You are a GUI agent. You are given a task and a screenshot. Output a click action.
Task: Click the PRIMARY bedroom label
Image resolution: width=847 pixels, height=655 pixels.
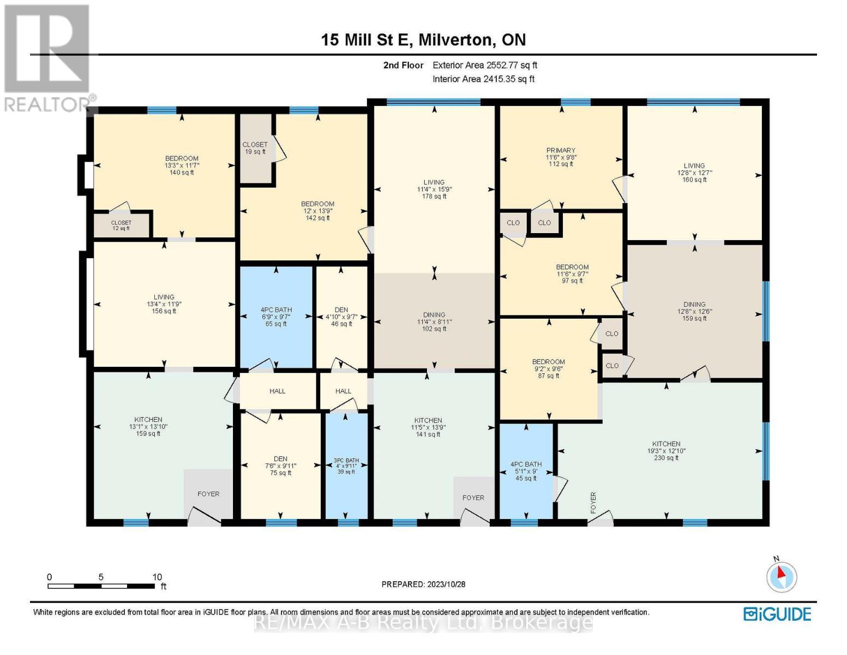tap(561, 157)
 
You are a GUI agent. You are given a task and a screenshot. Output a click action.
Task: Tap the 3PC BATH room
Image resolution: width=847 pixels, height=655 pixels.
tap(346, 466)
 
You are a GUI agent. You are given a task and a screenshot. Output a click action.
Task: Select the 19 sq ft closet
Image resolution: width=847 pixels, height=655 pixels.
tap(255, 148)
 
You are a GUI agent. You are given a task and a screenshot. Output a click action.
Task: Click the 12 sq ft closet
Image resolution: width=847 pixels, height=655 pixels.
tap(121, 225)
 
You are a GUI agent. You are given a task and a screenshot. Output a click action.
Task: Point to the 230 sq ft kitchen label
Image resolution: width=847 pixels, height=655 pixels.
tap(666, 451)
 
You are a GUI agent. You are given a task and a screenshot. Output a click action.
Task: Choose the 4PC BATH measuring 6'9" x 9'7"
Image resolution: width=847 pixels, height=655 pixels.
tap(276, 317)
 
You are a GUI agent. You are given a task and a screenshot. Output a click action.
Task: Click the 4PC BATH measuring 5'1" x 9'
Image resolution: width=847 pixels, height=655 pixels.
tap(526, 471)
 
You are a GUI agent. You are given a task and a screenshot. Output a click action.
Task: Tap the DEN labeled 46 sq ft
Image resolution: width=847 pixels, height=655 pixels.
tap(341, 317)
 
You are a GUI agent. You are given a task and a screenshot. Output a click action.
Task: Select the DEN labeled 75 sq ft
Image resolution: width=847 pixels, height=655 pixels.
tap(281, 466)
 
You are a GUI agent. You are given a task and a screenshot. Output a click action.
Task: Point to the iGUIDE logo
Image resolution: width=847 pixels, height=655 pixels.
tap(777, 614)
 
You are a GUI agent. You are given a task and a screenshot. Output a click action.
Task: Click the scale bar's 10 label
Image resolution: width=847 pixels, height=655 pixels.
tap(157, 577)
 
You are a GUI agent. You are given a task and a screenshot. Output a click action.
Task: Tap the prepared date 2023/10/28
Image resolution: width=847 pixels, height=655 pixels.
tap(423, 584)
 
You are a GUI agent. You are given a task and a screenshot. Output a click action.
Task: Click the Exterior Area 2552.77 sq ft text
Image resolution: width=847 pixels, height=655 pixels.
tap(485, 65)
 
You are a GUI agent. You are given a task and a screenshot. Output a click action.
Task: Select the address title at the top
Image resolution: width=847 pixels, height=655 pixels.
tap(423, 40)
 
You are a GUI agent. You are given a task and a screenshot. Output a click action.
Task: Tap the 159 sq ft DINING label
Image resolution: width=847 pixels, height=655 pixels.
tap(694, 311)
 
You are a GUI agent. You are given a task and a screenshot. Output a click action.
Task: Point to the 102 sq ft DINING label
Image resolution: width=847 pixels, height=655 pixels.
tap(434, 321)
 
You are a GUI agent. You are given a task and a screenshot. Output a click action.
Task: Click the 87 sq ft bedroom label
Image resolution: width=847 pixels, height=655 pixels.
tap(549, 368)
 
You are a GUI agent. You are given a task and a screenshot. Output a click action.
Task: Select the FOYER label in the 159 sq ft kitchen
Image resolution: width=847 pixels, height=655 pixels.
tap(208, 494)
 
